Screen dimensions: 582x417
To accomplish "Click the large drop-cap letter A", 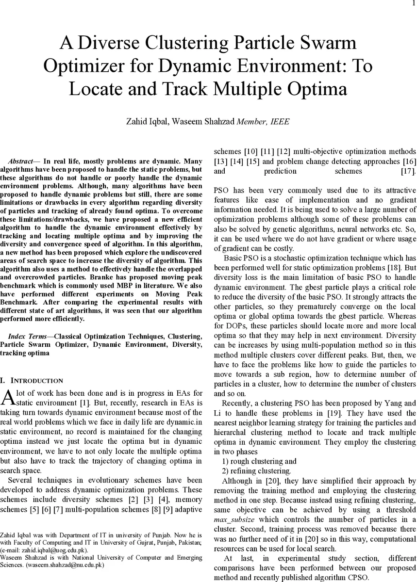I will (x=8, y=397).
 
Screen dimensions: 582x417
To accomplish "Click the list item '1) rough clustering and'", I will (x=259, y=461).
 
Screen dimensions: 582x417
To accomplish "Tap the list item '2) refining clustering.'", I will (x=256, y=471).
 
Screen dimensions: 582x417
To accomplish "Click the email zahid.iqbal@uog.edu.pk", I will (x=53, y=550).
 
